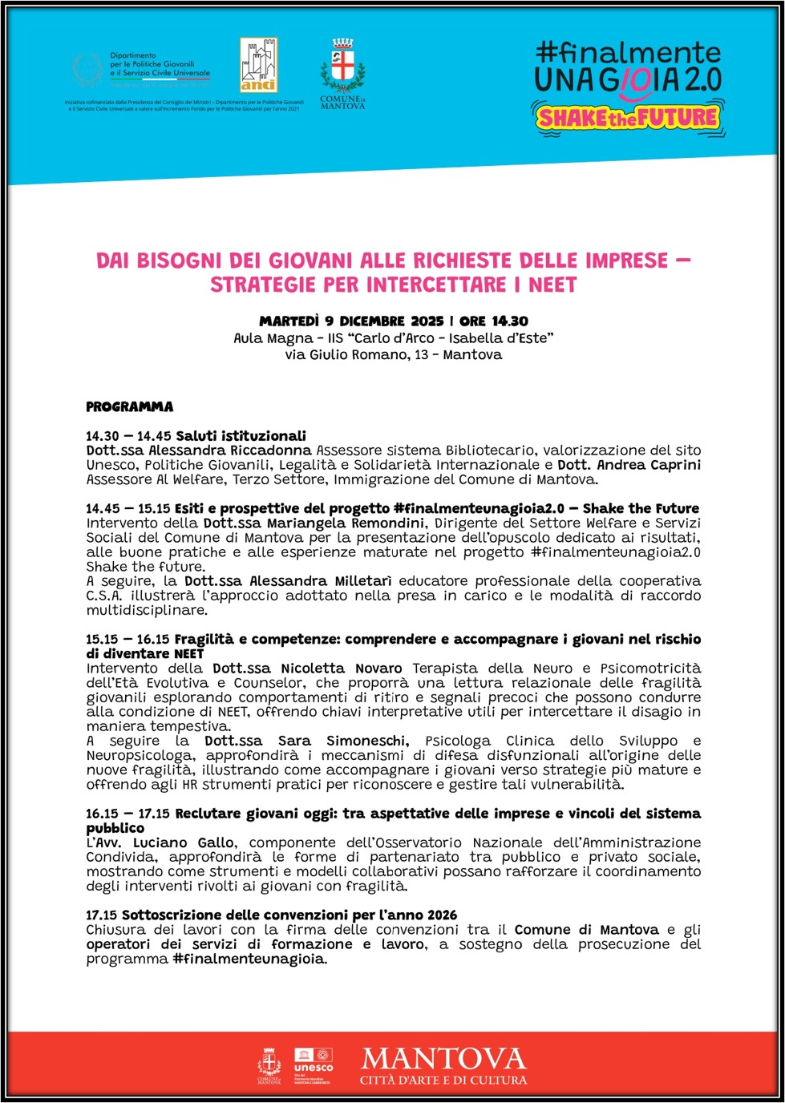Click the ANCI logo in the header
coord(258,65)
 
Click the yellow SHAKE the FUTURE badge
coord(627,119)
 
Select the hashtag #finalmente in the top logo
coord(628,53)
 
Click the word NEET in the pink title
coord(552,285)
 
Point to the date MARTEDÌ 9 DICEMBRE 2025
coord(351,321)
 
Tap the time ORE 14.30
coord(494,321)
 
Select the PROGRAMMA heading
coord(129,406)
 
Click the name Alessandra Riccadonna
coord(230,450)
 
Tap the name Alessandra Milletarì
coord(320,581)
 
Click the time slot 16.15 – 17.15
coord(127,814)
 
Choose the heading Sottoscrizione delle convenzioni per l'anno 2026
coord(289,915)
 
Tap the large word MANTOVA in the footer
coord(443,1059)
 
